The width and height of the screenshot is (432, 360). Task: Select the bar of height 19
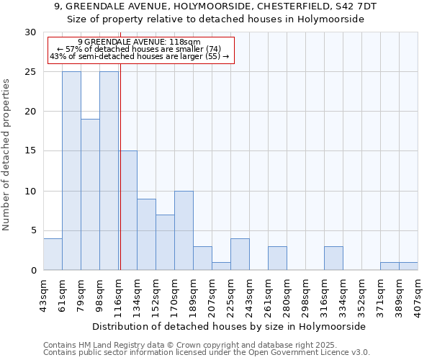[90, 194]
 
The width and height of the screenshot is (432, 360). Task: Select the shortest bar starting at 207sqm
[221, 266]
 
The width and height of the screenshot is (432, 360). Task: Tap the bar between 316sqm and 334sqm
[333, 258]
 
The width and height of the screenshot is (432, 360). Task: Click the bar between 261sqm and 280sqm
[277, 258]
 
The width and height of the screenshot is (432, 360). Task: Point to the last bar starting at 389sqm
[408, 266]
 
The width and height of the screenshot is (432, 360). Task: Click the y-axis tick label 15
[30, 151]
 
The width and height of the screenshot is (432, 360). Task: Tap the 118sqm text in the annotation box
[186, 42]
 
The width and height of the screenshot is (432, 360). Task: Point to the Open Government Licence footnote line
[207, 353]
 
